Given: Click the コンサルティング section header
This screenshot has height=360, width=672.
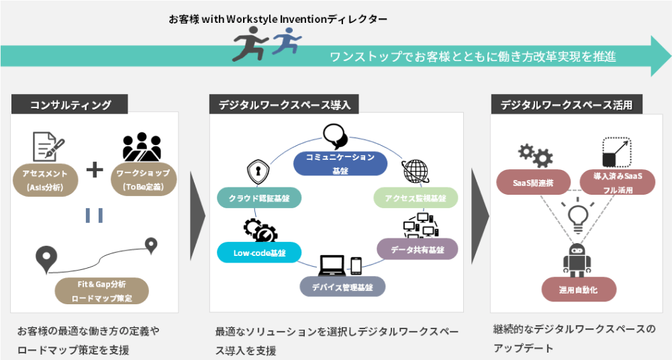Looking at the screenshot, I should tap(70, 104).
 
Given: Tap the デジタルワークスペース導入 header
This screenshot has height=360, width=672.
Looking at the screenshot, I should tap(284, 104).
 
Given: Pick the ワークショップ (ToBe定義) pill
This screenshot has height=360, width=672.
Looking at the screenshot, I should tap(142, 181).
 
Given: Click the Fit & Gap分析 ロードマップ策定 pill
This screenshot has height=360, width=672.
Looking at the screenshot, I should tap(101, 291).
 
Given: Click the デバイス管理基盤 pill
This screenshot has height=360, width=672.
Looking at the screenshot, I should tap(342, 286).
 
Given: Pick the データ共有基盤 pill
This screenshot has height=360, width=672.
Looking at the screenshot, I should tap(417, 249).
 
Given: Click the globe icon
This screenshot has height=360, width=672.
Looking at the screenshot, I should tap(415, 171).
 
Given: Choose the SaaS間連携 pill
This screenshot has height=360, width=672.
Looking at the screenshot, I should tap(533, 182).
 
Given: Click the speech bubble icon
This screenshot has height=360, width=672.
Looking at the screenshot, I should tap(335, 136).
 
